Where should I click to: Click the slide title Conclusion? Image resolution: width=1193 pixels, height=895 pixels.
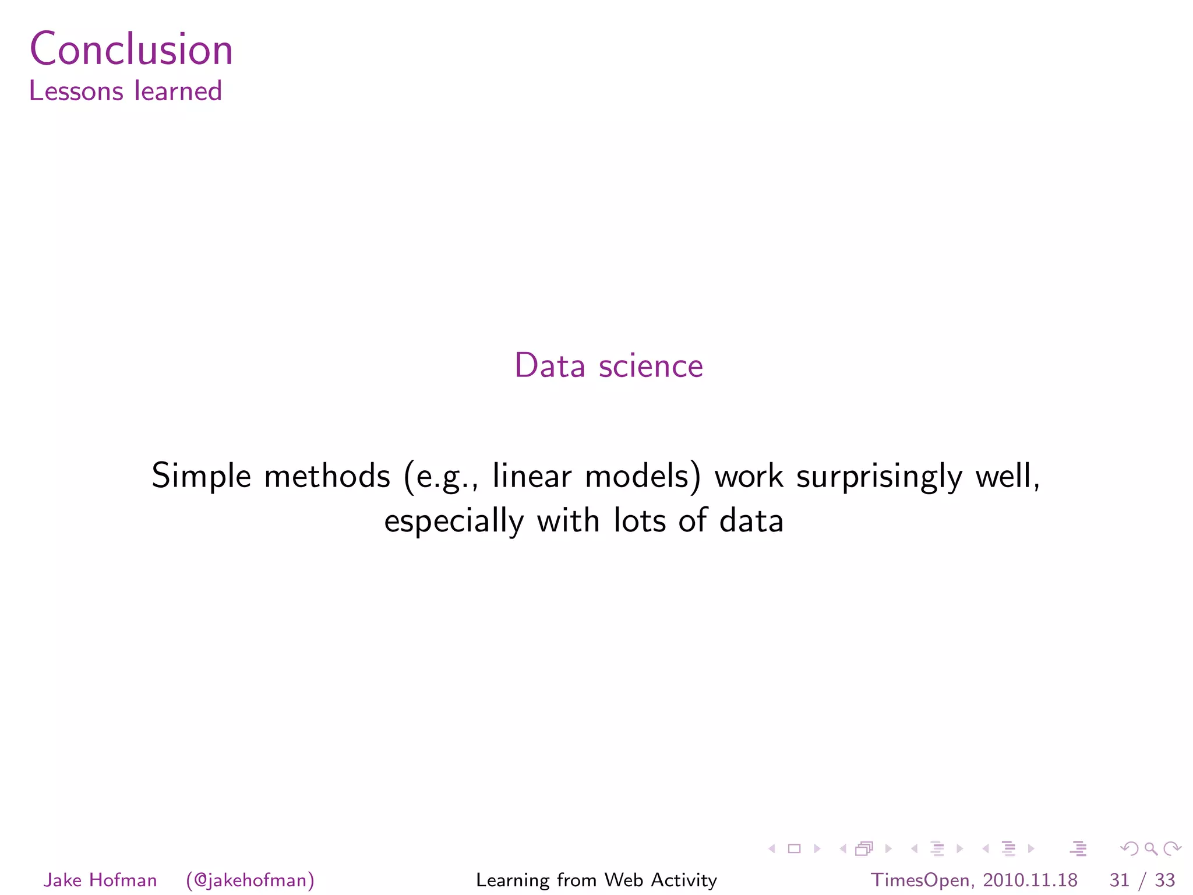coord(131,49)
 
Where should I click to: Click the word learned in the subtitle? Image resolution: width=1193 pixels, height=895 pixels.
coord(178,91)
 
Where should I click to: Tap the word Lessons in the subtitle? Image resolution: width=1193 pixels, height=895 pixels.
coord(76,91)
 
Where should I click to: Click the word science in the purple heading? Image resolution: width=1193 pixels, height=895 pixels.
coord(651,366)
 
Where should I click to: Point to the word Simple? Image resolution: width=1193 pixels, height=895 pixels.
coord(201,477)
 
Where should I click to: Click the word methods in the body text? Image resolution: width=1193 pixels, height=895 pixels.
coord(327,475)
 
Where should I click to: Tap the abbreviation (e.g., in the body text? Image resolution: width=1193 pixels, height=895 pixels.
coord(441,477)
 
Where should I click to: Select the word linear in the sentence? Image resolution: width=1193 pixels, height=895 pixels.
coord(532,475)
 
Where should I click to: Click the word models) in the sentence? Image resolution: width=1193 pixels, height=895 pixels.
coord(643,477)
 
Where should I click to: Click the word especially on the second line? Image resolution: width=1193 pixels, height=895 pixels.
coord(454,522)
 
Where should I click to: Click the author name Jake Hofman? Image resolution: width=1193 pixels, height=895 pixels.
coord(100,880)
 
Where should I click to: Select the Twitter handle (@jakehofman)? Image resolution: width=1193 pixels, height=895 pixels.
coord(250,880)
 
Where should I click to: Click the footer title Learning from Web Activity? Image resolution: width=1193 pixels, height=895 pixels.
coord(596,880)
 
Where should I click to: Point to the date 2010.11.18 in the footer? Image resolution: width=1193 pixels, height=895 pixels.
coord(1030,880)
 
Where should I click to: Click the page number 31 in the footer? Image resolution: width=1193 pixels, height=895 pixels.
coord(1119,880)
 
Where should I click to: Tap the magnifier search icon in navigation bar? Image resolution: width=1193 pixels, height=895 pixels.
coord(1150,848)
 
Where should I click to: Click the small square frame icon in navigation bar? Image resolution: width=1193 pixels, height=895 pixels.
coord(794,848)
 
